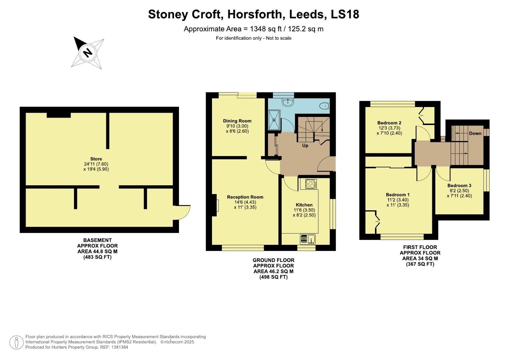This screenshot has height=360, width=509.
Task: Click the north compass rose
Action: tap(87, 53)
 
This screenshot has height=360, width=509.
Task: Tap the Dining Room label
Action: tap(237, 121)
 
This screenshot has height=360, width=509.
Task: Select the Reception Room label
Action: tap(245, 197)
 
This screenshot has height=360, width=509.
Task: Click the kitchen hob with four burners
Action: tap(310, 184)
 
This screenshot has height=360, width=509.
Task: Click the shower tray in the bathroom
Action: tap(275, 120)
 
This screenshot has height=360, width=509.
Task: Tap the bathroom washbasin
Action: tap(287, 102)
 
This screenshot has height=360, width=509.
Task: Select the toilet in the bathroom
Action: tap(324, 106)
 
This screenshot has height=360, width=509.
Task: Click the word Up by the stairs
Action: tap(305, 146)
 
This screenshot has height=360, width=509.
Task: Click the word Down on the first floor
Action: tap(475, 133)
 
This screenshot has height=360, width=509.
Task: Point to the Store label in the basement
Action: tap(96, 159)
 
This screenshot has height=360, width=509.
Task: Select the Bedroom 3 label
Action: tap(459, 186)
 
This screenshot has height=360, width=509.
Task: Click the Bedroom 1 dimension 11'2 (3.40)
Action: tap(397, 200)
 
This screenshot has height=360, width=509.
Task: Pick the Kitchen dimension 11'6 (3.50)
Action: tap(304, 210)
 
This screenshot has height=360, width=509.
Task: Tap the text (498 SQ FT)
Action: tap(273, 277)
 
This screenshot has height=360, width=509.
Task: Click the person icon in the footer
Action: tap(16, 342)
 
